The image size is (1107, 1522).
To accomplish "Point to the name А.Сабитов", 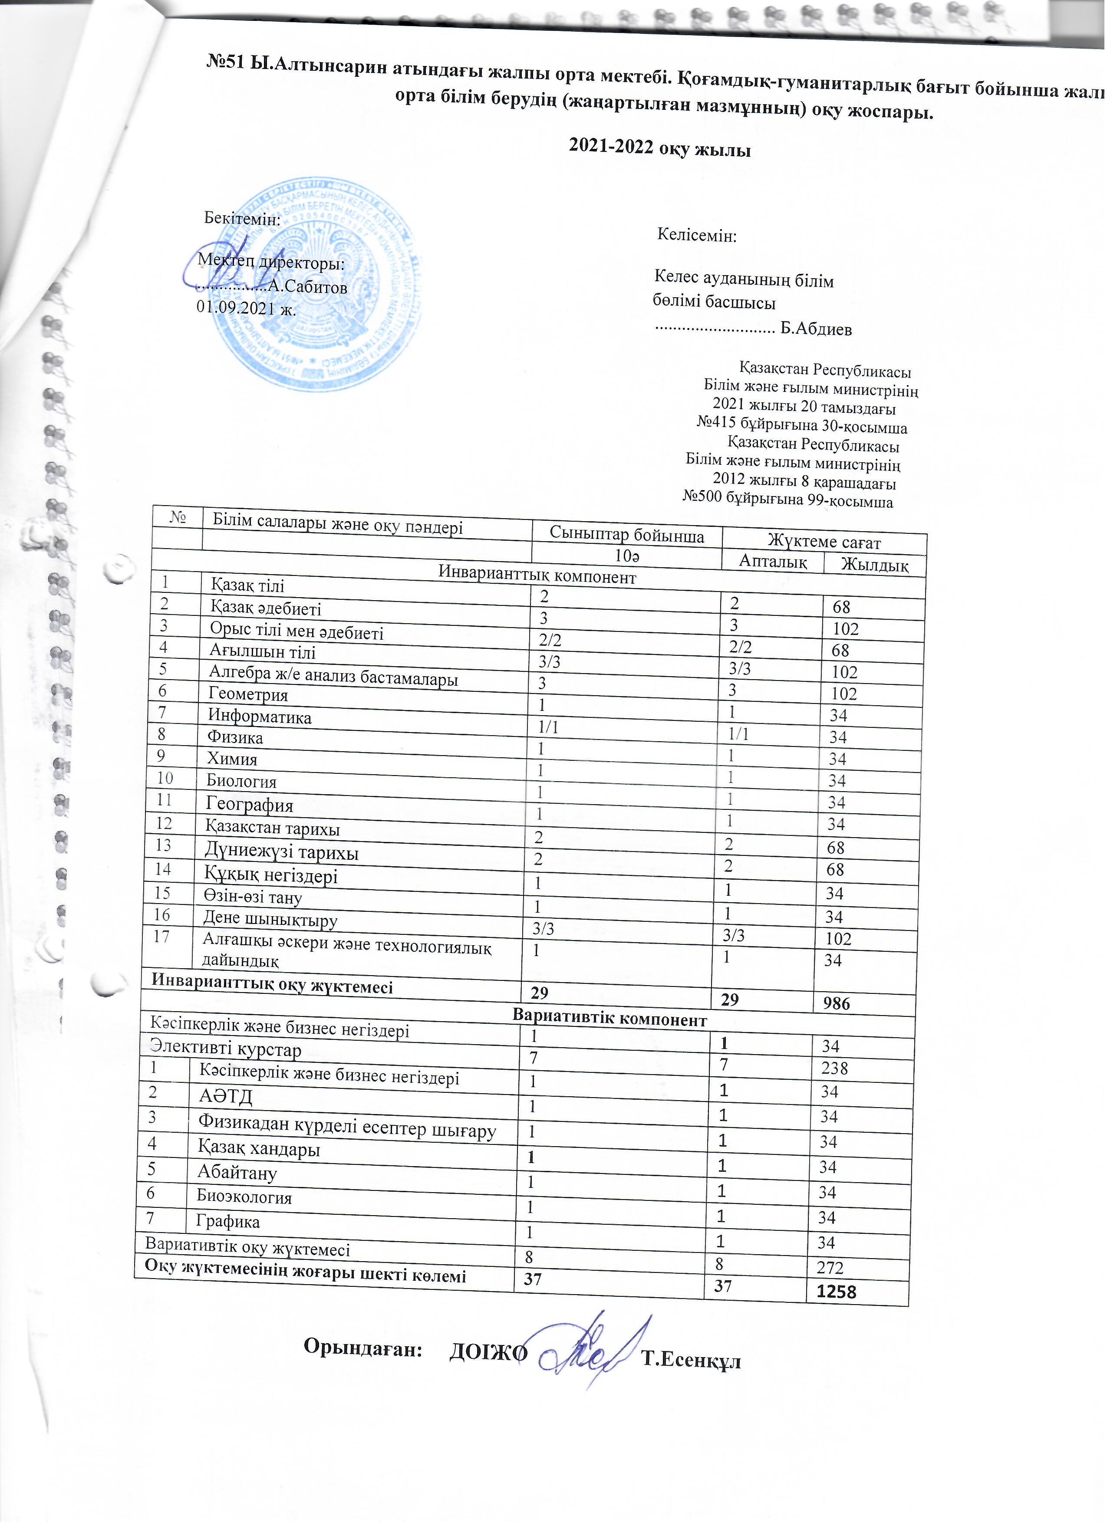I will [307, 287].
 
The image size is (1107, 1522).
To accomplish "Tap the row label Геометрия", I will [248, 694].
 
